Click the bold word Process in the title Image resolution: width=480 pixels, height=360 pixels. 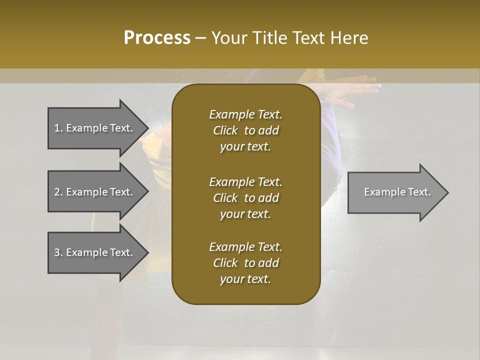coord(157,38)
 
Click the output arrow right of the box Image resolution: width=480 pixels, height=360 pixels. coord(397,192)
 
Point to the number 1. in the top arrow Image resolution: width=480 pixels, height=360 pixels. coord(58,128)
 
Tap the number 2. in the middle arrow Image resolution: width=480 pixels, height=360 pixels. coord(58,192)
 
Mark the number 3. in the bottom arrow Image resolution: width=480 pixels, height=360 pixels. coord(58,252)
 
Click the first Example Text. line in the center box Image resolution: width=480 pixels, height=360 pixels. coord(245,114)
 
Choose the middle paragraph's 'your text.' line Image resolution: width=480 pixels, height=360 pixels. coord(245,214)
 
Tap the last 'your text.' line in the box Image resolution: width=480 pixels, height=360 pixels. coord(245,279)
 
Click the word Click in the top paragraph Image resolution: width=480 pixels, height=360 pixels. coord(225,130)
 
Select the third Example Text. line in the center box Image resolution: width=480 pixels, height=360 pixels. coord(245,247)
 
